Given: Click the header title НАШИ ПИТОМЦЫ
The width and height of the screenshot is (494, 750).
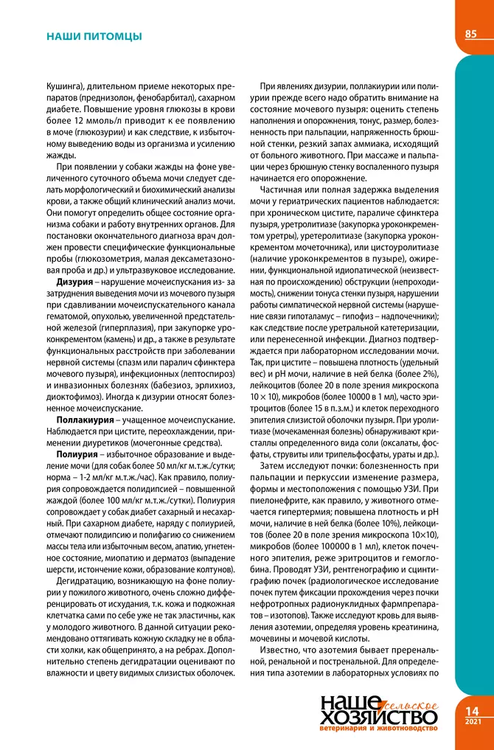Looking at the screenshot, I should pyautogui.click(x=94, y=35).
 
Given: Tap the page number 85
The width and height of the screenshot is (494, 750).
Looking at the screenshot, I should pyautogui.click(x=471, y=34).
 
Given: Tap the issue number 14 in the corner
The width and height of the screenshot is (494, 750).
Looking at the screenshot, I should pyautogui.click(x=473, y=711).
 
